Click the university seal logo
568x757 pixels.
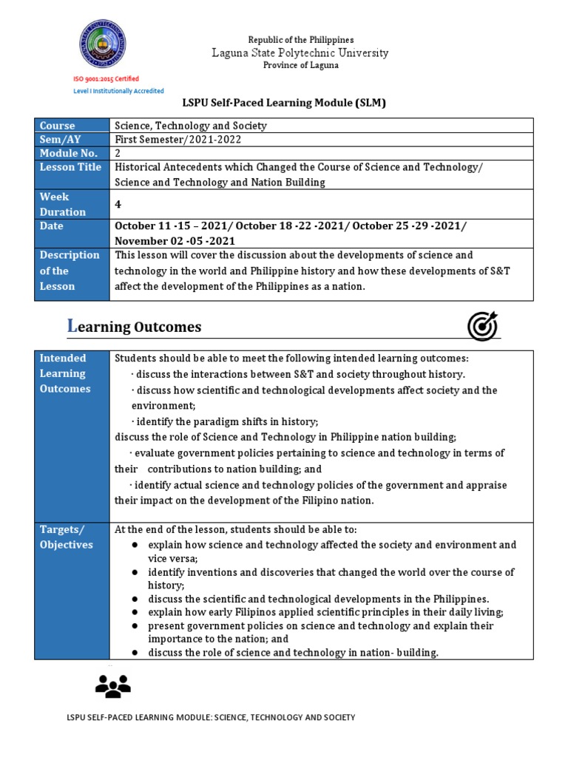click(103, 44)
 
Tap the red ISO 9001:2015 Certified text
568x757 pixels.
click(105, 78)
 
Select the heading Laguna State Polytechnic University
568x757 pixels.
click(300, 52)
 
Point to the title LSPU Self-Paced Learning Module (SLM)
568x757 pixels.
click(285, 103)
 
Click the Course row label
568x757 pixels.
click(58, 126)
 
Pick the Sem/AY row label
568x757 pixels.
click(61, 139)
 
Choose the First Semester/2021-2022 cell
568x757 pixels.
click(177, 139)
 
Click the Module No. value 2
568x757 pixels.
click(118, 153)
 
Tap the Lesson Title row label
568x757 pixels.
click(70, 167)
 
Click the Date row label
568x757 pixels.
click(52, 226)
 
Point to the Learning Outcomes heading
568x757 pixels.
click(124, 327)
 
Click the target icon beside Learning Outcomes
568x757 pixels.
click(482, 326)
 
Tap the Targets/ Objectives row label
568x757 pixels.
click(66, 537)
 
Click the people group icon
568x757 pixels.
click(112, 687)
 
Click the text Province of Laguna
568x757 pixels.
click(300, 66)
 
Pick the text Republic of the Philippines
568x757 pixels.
click(300, 39)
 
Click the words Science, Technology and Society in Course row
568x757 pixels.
click(191, 126)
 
